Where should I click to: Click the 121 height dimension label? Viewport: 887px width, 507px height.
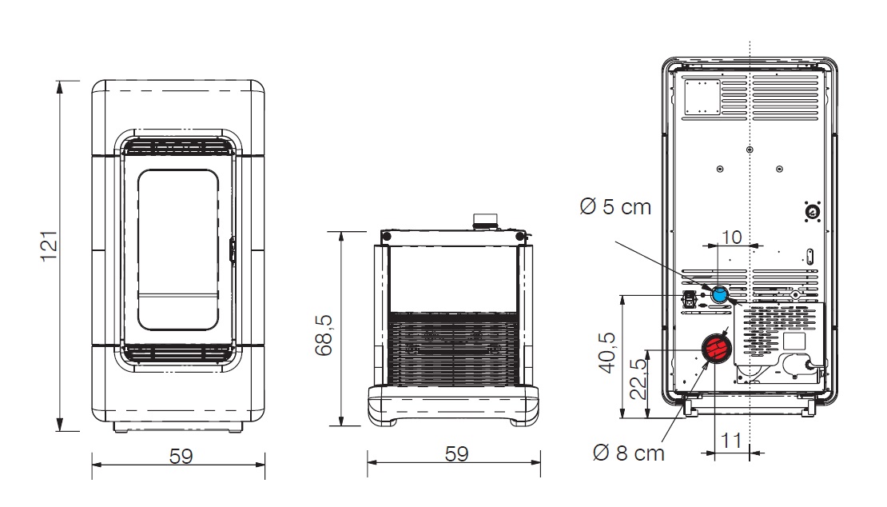(x=50, y=246)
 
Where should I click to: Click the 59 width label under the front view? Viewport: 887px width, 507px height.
(x=181, y=456)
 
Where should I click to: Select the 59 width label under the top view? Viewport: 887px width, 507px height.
(x=456, y=453)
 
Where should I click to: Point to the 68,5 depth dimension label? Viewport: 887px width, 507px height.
(x=324, y=336)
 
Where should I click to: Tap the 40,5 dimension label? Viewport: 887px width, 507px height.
(x=607, y=353)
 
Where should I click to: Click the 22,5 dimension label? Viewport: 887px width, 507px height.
(x=638, y=380)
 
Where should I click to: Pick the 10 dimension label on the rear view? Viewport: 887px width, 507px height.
(x=732, y=237)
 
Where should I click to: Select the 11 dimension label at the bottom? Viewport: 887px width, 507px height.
(x=731, y=440)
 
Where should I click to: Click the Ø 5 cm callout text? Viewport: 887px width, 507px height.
(x=615, y=206)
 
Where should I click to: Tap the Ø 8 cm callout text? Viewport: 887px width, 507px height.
(x=628, y=453)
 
